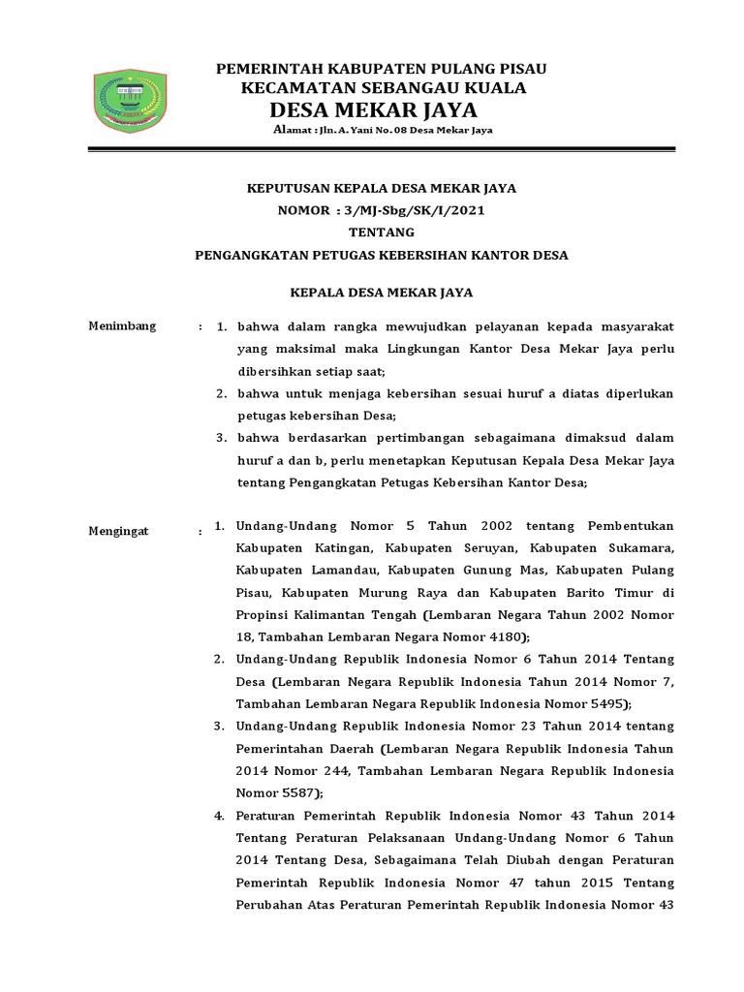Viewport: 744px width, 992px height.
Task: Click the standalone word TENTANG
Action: [382, 232]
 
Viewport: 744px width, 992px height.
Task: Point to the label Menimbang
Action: [122, 325]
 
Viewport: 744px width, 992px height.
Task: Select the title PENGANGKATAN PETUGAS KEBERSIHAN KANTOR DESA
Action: [382, 256]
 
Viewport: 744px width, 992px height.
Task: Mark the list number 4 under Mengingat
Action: [219, 815]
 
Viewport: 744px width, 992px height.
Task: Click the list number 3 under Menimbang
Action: [221, 438]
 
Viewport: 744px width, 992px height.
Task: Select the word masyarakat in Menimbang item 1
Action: [632, 326]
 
